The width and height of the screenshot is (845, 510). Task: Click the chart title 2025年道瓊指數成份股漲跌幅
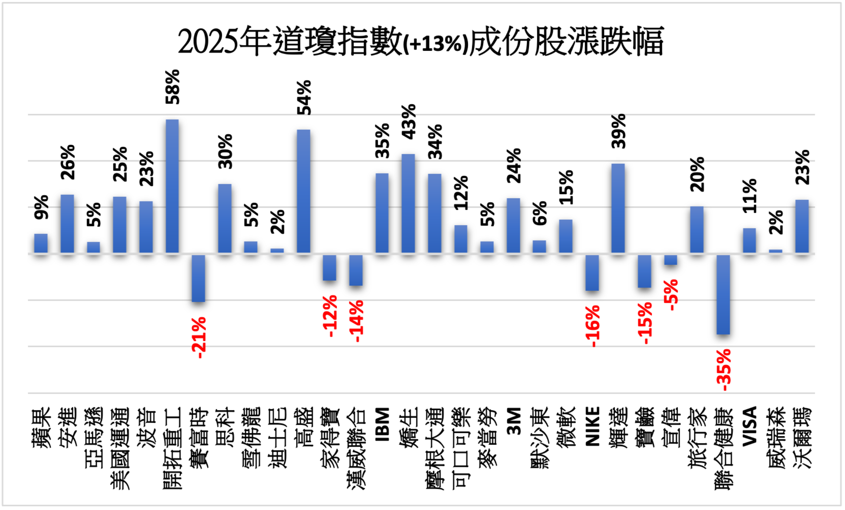(421, 42)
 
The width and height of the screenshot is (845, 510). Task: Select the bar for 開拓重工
(172, 186)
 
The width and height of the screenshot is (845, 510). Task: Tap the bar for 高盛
(303, 191)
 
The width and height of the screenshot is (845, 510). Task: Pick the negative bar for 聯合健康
(723, 294)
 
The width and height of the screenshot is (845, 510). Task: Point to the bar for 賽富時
(198, 278)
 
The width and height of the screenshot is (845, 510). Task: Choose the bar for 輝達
(618, 208)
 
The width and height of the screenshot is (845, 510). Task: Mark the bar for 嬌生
(408, 203)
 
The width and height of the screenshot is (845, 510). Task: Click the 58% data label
(173, 87)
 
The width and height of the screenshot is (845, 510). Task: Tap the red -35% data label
(724, 370)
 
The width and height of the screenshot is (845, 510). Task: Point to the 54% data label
(304, 98)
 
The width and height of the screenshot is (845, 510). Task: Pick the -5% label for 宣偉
(671, 295)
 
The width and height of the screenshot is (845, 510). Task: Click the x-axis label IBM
(383, 424)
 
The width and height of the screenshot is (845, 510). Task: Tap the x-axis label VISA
(750, 426)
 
